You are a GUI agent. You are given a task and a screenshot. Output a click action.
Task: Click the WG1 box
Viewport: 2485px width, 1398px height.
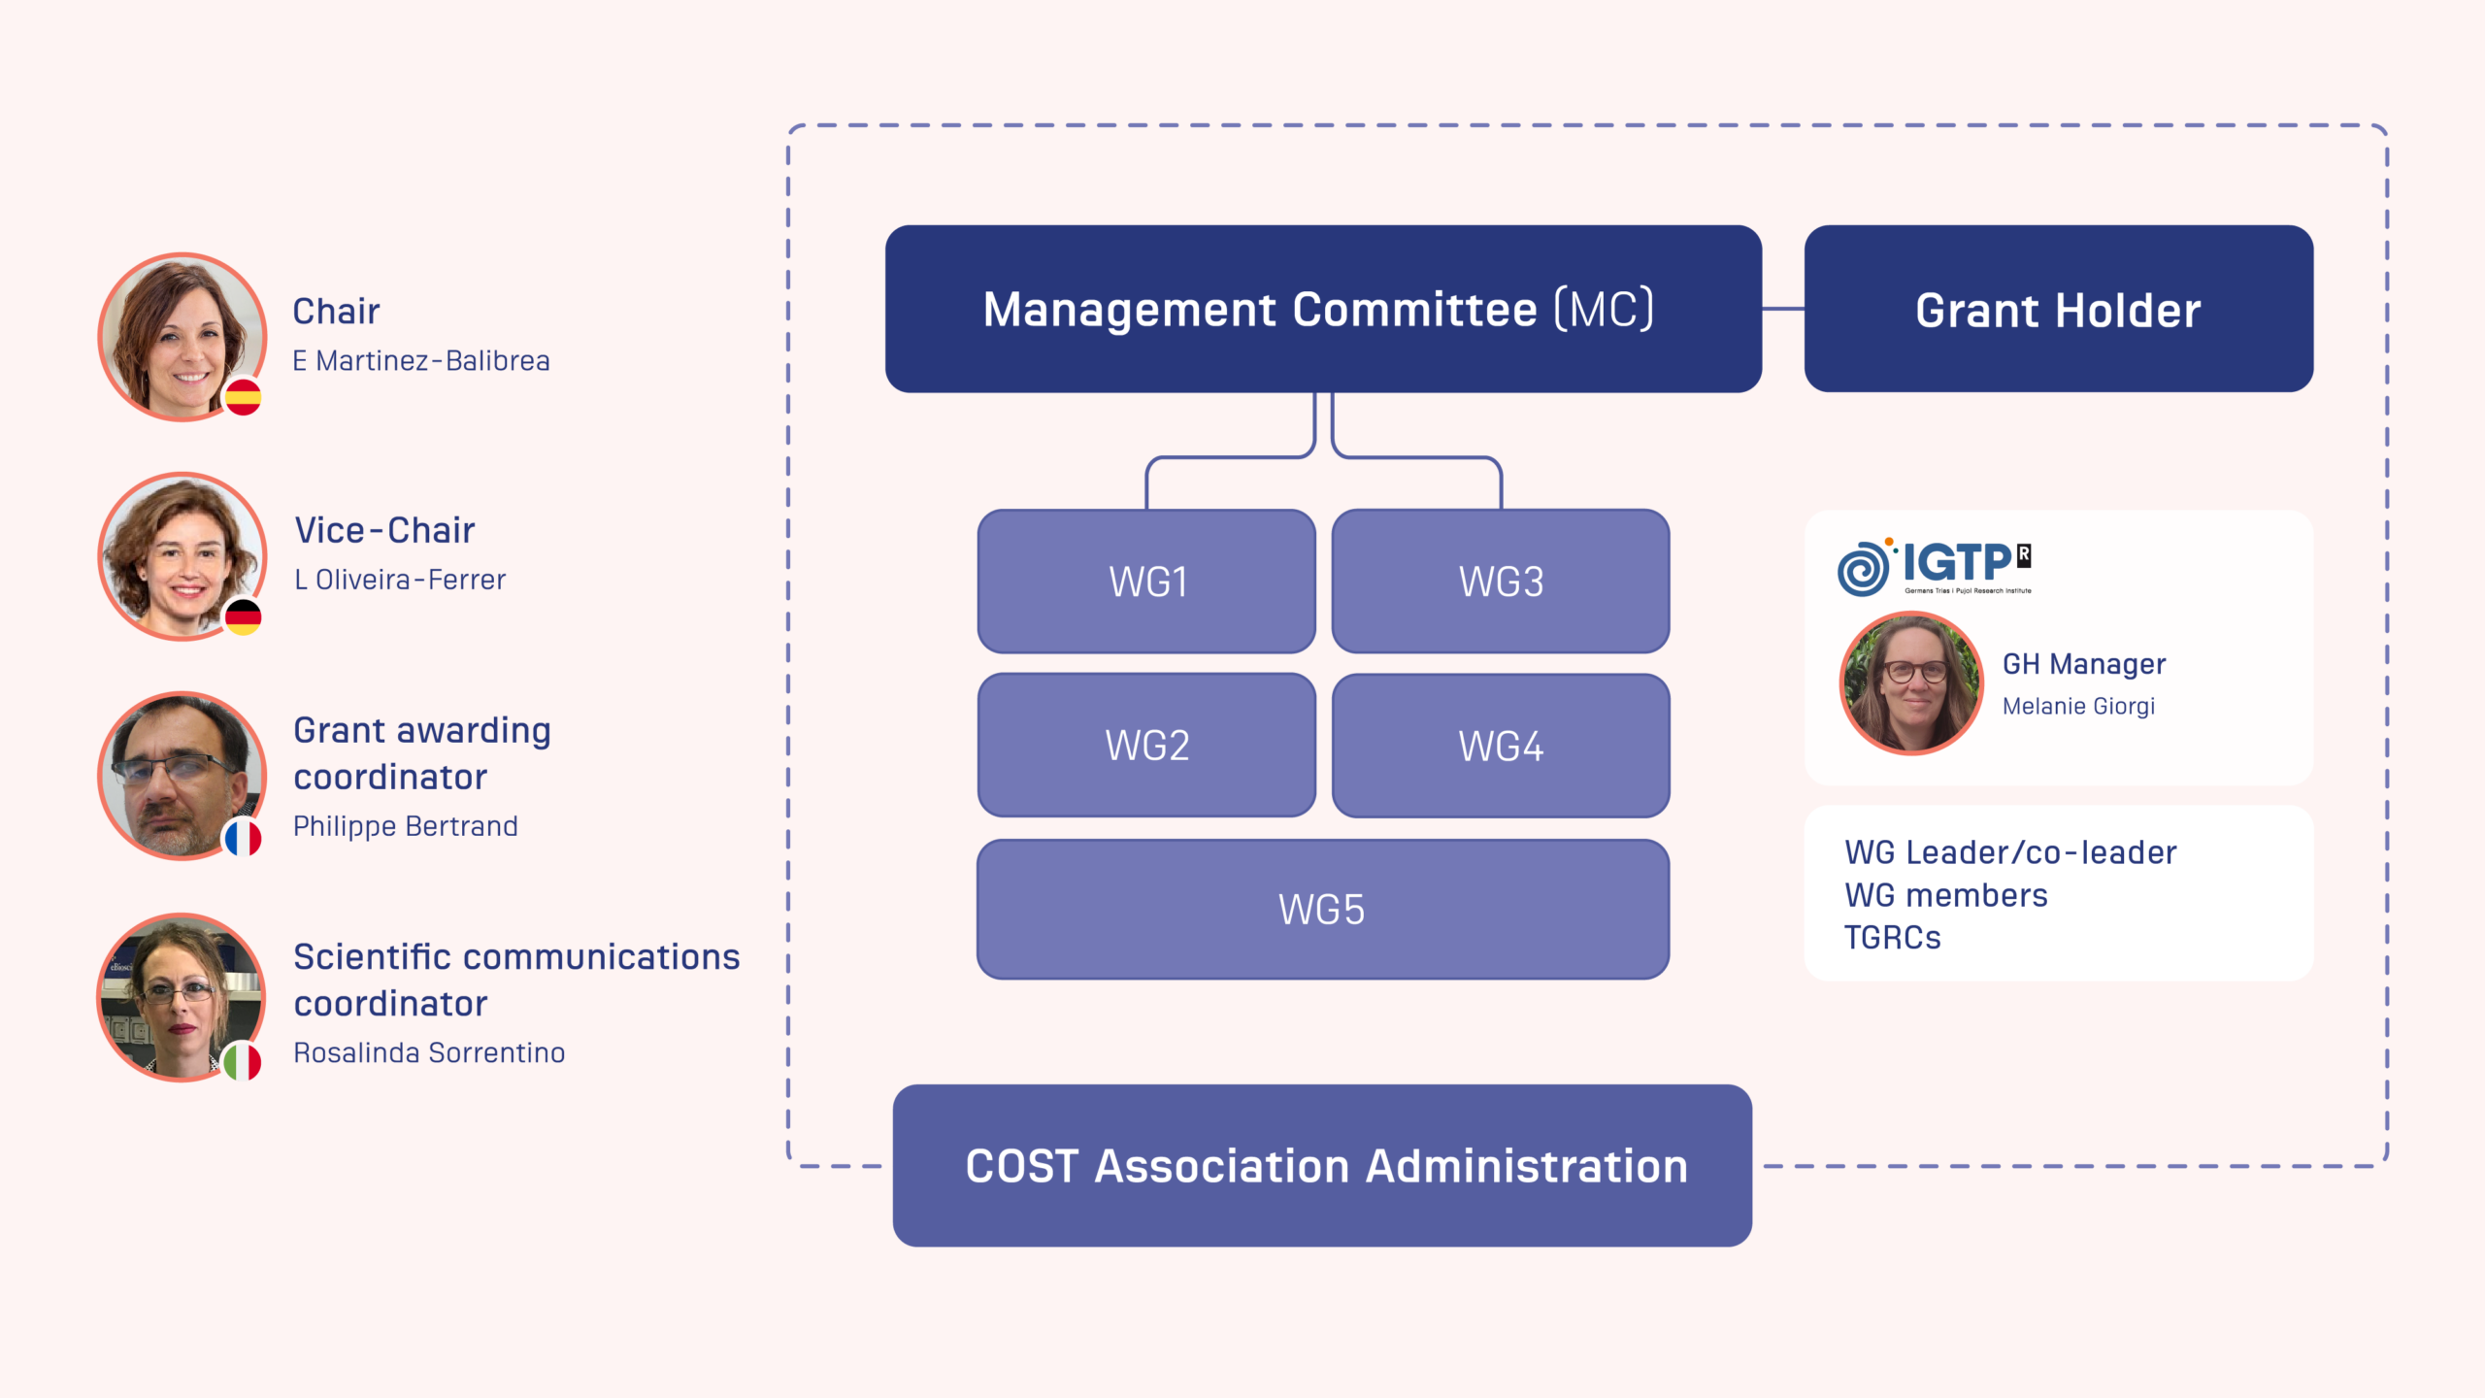click(x=1146, y=582)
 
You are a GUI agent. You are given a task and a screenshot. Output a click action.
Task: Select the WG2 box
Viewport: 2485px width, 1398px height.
click(x=1146, y=746)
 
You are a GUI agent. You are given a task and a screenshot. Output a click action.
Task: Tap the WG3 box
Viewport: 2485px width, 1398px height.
click(x=1501, y=582)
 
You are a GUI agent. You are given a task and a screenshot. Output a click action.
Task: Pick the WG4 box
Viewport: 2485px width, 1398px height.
click(x=1501, y=746)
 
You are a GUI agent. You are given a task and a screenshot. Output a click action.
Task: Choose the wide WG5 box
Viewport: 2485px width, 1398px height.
click(x=1322, y=910)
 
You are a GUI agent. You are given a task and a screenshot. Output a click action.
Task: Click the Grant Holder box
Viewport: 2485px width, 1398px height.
click(x=2058, y=309)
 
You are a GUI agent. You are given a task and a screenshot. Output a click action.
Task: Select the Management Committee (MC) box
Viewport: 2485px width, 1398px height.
click(x=1322, y=309)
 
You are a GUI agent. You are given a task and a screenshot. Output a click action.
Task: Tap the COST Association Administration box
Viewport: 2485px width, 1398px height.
click(x=1322, y=1165)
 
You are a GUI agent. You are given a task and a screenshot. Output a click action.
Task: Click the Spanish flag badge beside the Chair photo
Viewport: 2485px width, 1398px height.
click(x=243, y=397)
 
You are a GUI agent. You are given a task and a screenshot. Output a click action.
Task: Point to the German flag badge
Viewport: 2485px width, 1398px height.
click(x=243, y=616)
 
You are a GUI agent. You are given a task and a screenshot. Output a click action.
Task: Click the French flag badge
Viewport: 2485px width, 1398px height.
click(x=243, y=837)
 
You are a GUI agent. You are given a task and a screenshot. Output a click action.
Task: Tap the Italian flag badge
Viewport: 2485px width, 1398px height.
click(x=243, y=1061)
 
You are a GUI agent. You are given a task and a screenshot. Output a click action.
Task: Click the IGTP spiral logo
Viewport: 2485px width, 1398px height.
click(x=1863, y=568)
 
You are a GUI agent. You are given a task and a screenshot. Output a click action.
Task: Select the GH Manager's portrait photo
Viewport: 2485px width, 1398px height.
click(x=1911, y=682)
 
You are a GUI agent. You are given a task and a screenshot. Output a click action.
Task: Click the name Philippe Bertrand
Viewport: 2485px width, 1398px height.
click(x=406, y=826)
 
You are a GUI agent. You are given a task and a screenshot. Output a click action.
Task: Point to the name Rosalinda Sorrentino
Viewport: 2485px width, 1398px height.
click(x=429, y=1052)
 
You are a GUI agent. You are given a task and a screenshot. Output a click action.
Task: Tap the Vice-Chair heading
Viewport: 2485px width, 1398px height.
click(x=384, y=530)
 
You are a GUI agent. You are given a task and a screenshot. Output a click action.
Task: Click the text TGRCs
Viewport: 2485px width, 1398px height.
click(x=1892, y=938)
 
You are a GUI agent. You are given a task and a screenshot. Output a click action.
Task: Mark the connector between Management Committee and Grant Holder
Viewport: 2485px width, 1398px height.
click(x=1783, y=309)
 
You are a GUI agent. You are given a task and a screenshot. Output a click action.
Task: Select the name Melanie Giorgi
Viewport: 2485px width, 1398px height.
click(x=2078, y=706)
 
